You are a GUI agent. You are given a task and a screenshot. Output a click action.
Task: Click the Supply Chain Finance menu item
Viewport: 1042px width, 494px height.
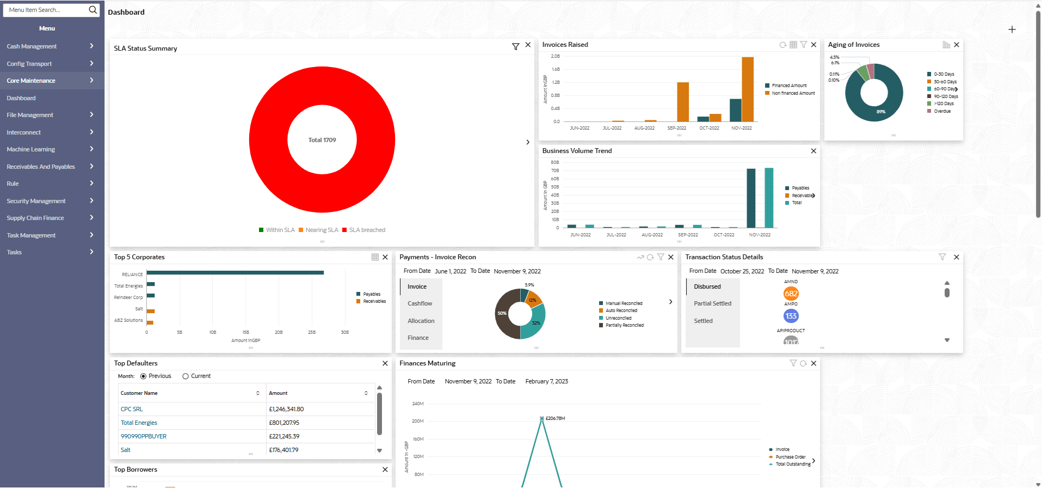click(x=35, y=218)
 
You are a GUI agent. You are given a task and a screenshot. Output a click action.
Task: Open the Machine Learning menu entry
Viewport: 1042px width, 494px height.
click(x=31, y=149)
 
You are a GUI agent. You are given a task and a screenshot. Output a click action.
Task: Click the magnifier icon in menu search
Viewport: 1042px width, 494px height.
click(x=93, y=10)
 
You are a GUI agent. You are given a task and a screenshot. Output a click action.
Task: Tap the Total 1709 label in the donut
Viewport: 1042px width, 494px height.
click(x=322, y=140)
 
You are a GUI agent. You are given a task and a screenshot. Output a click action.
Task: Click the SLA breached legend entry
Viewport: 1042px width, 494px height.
click(x=367, y=230)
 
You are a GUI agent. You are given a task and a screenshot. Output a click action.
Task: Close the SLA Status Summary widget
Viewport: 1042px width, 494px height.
click(x=528, y=45)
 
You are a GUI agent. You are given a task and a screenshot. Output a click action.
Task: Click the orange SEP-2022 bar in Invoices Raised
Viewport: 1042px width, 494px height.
click(x=683, y=102)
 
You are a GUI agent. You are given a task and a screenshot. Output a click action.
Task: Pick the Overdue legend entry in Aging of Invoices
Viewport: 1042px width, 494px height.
click(x=942, y=111)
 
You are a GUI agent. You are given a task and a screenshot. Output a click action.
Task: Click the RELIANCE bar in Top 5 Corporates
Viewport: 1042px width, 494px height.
click(x=235, y=273)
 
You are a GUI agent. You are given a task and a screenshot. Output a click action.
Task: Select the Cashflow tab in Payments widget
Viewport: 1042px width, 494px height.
click(x=420, y=303)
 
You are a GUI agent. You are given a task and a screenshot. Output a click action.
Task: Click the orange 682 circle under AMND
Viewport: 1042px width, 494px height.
click(x=791, y=294)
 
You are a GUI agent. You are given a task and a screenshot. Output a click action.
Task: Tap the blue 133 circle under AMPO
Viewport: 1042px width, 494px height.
click(x=791, y=316)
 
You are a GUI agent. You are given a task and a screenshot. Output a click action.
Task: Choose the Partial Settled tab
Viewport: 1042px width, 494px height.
click(x=712, y=303)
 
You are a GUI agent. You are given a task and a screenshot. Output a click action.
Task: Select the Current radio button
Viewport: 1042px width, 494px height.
click(x=186, y=376)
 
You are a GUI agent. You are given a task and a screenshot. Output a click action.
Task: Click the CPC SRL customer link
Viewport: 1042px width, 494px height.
click(x=132, y=409)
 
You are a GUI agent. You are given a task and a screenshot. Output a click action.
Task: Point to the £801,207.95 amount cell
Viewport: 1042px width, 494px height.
click(x=284, y=423)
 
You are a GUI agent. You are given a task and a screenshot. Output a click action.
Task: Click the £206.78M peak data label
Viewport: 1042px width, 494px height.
click(x=555, y=418)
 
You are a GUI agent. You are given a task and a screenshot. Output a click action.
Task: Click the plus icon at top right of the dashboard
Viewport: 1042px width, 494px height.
click(x=1012, y=29)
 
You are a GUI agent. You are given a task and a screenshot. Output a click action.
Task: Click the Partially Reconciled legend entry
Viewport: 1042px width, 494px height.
click(x=624, y=325)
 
